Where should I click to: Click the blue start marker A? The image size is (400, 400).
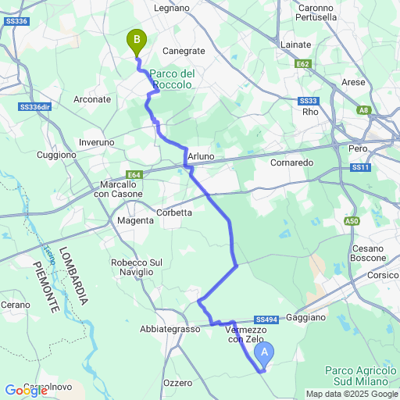265,353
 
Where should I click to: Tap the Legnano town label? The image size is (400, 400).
173,8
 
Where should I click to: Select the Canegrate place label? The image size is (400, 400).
183,51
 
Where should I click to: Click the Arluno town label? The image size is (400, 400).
201,157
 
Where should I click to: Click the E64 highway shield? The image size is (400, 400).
134,176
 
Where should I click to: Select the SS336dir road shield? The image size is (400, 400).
34,106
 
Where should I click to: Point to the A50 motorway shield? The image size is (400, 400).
352,222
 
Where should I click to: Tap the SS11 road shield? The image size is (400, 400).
359,167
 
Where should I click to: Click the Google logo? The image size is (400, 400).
26,391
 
